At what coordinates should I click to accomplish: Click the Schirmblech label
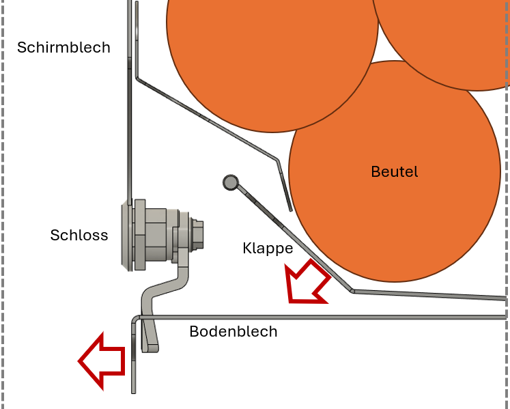[63, 48]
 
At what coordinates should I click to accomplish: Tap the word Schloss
[79, 236]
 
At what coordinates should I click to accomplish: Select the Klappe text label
[268, 249]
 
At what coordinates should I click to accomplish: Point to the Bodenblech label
[233, 332]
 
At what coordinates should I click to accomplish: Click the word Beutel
[395, 172]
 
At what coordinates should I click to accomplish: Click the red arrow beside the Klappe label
[307, 282]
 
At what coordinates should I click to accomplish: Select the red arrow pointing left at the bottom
[102, 360]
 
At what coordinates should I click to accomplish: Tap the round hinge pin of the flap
[230, 182]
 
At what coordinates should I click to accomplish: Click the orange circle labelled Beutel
[410, 218]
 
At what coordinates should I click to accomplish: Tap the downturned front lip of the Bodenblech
[134, 362]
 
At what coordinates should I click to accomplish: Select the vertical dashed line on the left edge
[3, 205]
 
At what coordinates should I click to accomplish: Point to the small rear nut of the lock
[199, 232]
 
